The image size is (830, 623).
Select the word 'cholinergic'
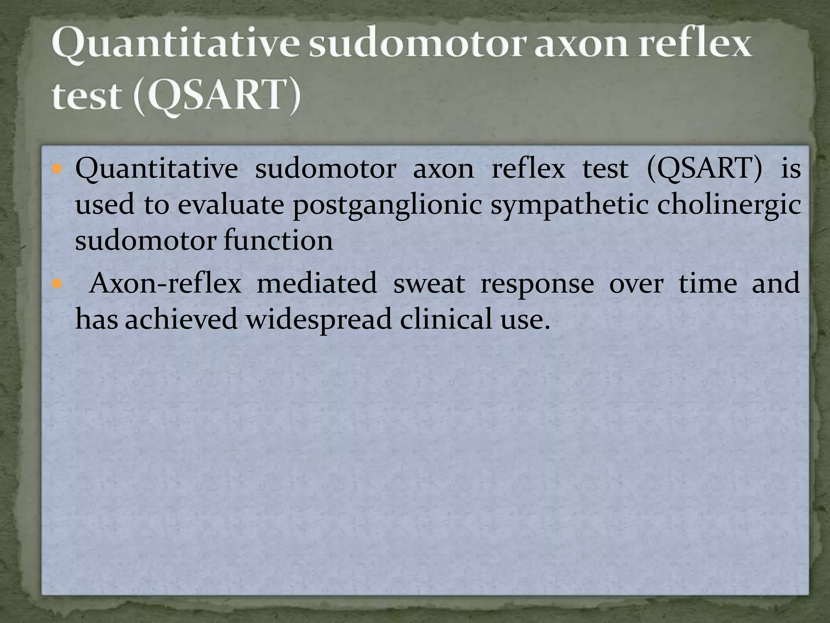[x=728, y=204]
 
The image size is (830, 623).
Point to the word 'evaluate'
[x=231, y=204]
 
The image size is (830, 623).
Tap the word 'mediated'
[x=317, y=283]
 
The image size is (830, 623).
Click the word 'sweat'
[x=429, y=284]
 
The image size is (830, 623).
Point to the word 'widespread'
[x=319, y=319]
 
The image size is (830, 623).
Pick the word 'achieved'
[x=181, y=319]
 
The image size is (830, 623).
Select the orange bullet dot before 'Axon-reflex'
[x=57, y=283]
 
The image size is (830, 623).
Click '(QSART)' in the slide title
[x=217, y=96]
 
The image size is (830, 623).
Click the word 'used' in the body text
[x=105, y=204]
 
